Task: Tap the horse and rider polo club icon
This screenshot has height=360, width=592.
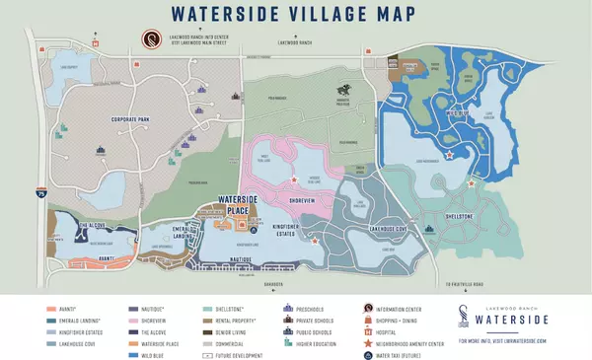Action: point(343,90)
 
